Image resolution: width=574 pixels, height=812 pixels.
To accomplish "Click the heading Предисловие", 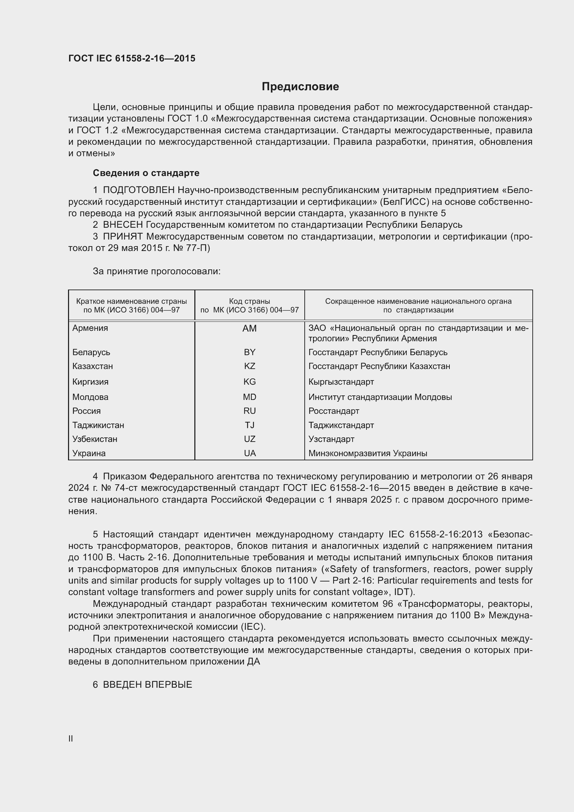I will (x=300, y=87).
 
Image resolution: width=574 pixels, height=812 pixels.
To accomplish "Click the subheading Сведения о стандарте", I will (x=146, y=173).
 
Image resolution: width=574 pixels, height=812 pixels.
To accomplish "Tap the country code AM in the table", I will (x=250, y=328).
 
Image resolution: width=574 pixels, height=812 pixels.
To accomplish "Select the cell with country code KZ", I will (x=250, y=366).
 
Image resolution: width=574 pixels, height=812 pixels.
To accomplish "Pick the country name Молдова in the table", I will (x=91, y=397).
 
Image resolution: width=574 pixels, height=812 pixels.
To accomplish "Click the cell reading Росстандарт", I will (x=334, y=411).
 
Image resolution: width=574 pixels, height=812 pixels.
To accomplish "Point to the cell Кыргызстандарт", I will (x=341, y=382).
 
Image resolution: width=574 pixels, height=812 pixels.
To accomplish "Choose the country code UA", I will (x=250, y=453).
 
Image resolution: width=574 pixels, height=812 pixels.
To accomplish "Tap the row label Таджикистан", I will (x=98, y=425).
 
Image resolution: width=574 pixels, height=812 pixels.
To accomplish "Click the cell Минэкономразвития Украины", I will (x=368, y=453).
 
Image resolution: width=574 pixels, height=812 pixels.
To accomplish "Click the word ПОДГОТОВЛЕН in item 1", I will (x=139, y=190).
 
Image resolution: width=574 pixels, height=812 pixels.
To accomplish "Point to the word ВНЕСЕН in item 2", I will (x=123, y=225).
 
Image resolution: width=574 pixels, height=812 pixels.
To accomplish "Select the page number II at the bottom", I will (x=71, y=738).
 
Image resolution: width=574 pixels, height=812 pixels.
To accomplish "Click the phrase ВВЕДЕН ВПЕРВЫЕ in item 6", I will (x=147, y=685).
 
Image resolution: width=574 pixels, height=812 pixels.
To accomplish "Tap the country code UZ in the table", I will (x=250, y=439).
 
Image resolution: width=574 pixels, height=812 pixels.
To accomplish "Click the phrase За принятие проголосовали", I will (x=157, y=271).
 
